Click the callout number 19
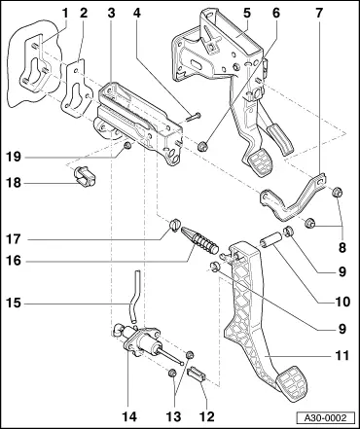[14, 158]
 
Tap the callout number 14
[129, 416]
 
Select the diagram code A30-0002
[326, 417]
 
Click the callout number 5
[247, 14]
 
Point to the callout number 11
[342, 356]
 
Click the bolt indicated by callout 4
[194, 117]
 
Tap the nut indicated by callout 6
[202, 147]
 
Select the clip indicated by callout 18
[85, 175]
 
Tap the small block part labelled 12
[198, 374]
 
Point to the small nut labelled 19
[127, 146]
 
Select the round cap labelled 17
[175, 225]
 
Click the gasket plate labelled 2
[74, 89]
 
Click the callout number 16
[14, 261]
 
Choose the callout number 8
[342, 248]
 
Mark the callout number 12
[207, 416]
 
